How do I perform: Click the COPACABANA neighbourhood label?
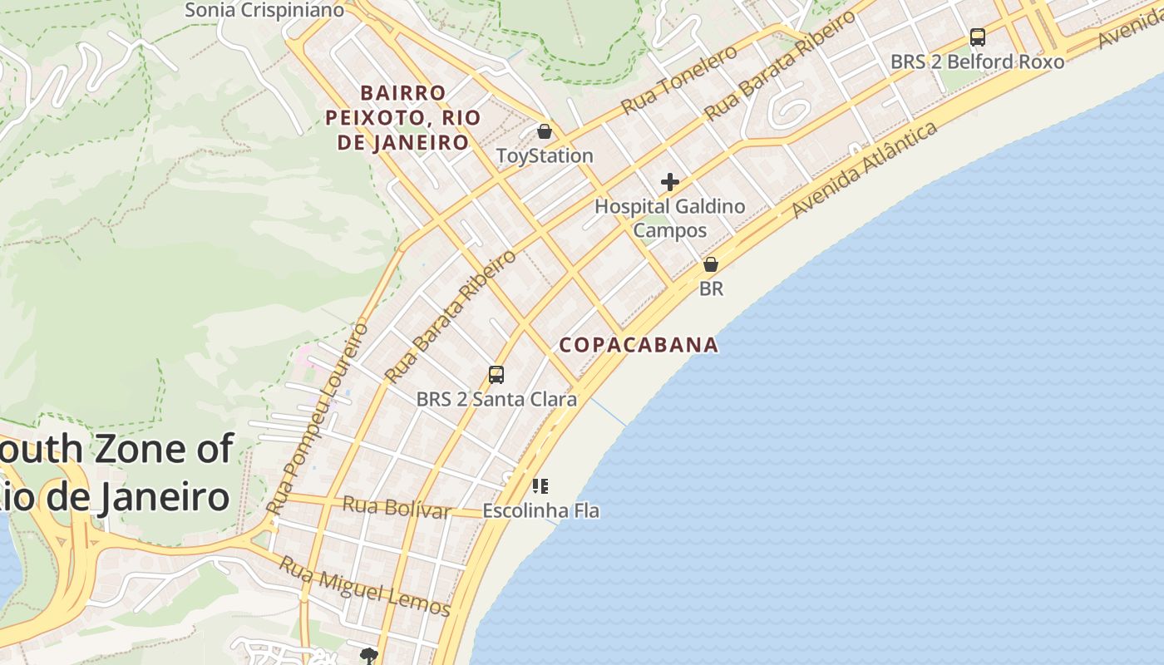(639, 344)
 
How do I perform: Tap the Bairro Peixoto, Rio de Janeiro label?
(402, 117)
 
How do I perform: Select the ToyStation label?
(545, 155)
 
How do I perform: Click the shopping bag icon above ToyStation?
(545, 131)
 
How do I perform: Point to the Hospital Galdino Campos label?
(670, 218)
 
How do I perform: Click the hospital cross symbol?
(670, 182)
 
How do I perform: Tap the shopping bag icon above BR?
(711, 265)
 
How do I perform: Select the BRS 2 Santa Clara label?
(496, 399)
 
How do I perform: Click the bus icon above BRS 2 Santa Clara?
(496, 375)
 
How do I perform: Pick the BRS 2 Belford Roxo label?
(977, 62)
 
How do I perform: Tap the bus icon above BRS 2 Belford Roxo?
(978, 37)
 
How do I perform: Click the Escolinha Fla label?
(540, 510)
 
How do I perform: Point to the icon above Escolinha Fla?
(540, 485)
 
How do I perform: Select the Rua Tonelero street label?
(679, 79)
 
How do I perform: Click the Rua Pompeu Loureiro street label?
(318, 418)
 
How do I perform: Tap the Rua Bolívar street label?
(397, 506)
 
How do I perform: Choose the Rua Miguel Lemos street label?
(364, 587)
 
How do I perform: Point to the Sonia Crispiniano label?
(264, 10)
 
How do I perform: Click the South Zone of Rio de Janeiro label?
(116, 473)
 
